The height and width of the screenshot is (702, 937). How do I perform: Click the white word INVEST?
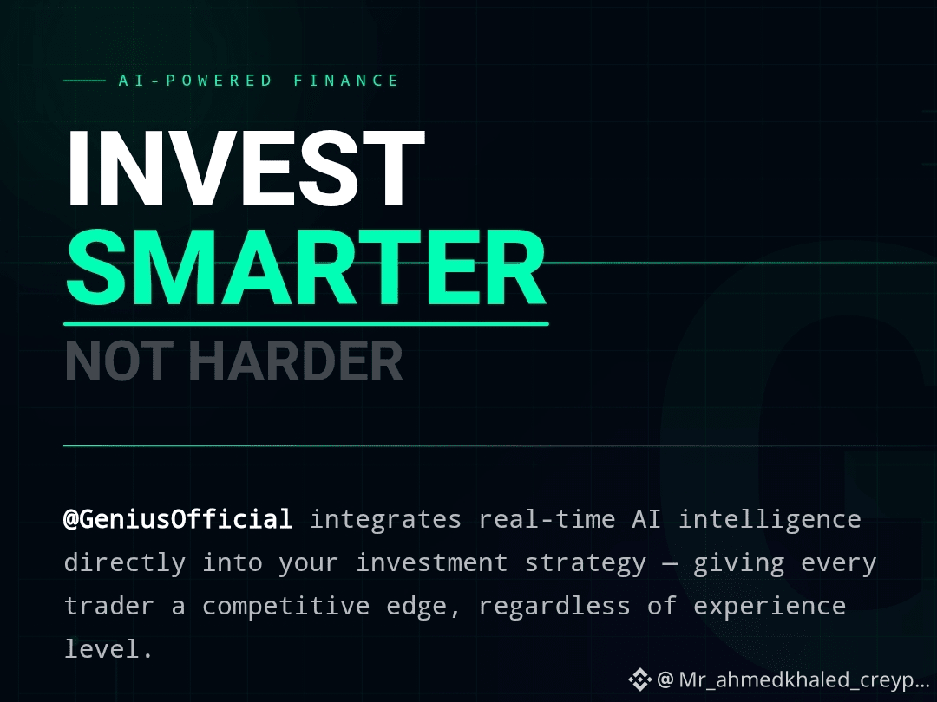[246, 168]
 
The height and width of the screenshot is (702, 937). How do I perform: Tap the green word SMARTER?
[306, 268]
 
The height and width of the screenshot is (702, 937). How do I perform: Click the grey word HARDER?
[296, 361]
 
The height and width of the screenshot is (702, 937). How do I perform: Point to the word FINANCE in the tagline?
[346, 81]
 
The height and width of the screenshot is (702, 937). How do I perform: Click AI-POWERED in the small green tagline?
[195, 81]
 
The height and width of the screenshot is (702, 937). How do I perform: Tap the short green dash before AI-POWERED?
[85, 81]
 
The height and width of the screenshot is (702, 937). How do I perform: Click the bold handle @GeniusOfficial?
[178, 519]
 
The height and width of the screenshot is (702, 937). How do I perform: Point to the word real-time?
[547, 519]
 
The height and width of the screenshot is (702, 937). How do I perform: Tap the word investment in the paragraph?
[431, 563]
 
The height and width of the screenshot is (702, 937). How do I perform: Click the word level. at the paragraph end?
[108, 649]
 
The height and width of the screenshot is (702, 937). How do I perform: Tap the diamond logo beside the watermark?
[639, 680]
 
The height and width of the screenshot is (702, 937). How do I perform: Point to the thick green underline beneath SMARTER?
[306, 324]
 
